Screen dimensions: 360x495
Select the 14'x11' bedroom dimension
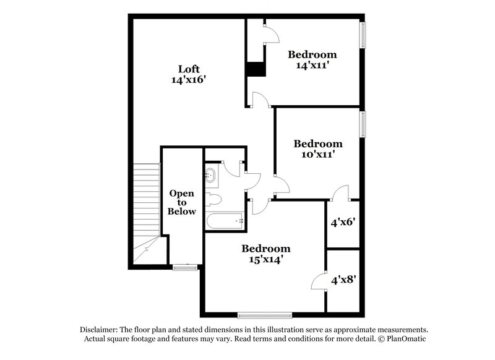coord(312,65)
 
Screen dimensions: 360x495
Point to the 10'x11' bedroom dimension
coord(317,155)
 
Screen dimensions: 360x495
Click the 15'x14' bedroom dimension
coord(265,260)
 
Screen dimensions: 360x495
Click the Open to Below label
coord(183,202)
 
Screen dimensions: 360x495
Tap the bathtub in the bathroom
coord(224,221)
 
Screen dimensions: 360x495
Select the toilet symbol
coord(212,200)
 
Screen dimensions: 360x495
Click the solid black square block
coord(256,69)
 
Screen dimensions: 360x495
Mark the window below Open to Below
coord(184,267)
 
